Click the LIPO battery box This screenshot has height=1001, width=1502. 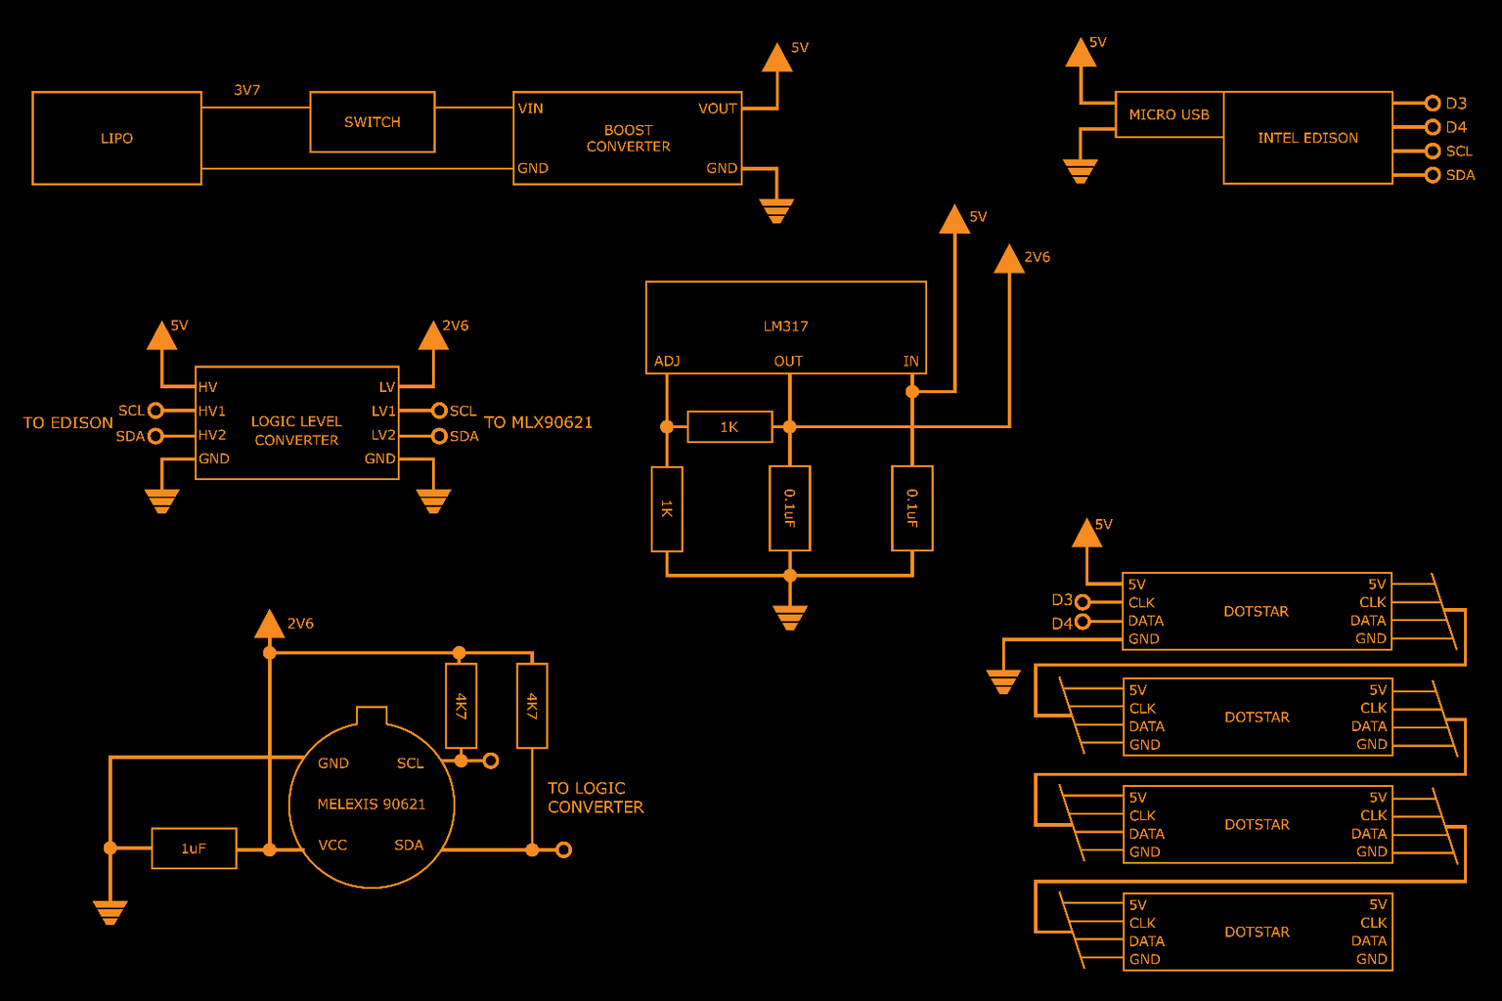pyautogui.click(x=116, y=138)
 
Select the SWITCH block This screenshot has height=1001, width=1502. pyautogui.click(x=372, y=122)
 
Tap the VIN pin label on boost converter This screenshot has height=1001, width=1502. pyautogui.click(x=531, y=109)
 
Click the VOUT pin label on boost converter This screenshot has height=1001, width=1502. pyautogui.click(x=717, y=109)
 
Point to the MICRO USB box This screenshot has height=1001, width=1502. pyautogui.click(x=1169, y=115)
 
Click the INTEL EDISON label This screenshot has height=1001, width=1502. pyautogui.click(x=1307, y=138)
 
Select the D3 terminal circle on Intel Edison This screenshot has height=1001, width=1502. pyautogui.click(x=1433, y=103)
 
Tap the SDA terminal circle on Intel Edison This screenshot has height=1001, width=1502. pyautogui.click(x=1433, y=175)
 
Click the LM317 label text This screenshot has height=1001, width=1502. pyautogui.click(x=785, y=326)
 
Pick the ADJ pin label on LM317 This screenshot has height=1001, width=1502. pyautogui.click(x=667, y=362)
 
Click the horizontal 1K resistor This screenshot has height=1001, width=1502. pyautogui.click(x=729, y=427)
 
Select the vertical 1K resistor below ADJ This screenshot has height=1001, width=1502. pyautogui.click(x=667, y=508)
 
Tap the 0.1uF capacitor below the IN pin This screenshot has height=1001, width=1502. pyautogui.click(x=911, y=508)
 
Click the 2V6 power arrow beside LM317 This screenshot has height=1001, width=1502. pyautogui.click(x=1009, y=259)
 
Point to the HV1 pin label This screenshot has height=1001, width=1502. pyautogui.click(x=212, y=412)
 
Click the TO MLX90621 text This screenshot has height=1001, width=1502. pyautogui.click(x=538, y=422)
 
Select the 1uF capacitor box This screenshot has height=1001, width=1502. pyautogui.click(x=194, y=849)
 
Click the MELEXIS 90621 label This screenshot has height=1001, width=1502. pyautogui.click(x=371, y=805)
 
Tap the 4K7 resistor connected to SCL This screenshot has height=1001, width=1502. pyautogui.click(x=461, y=706)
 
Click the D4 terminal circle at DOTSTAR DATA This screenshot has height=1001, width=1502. pyautogui.click(x=1082, y=622)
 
